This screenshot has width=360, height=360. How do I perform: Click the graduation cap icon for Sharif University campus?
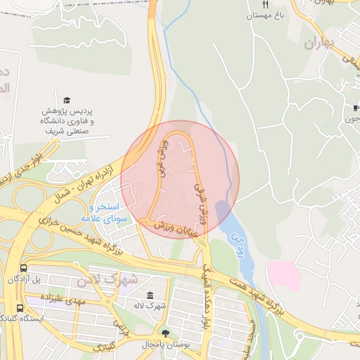coord(67,101)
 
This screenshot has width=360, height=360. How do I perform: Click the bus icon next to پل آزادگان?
coord(24,268)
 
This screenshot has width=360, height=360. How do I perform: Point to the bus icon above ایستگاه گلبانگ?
coord(20,307)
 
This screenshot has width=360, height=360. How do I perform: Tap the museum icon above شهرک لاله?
coord(150,295)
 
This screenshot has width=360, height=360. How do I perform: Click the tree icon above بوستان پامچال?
coord(166,333)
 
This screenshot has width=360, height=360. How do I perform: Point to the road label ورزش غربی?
coord(162,157)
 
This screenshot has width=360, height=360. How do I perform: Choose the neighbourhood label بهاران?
coord(322,44)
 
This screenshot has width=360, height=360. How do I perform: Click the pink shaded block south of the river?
coord(284,275)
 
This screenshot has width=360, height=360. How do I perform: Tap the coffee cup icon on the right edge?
coord(356,108)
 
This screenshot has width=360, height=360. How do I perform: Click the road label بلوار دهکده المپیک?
coord(207,295)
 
